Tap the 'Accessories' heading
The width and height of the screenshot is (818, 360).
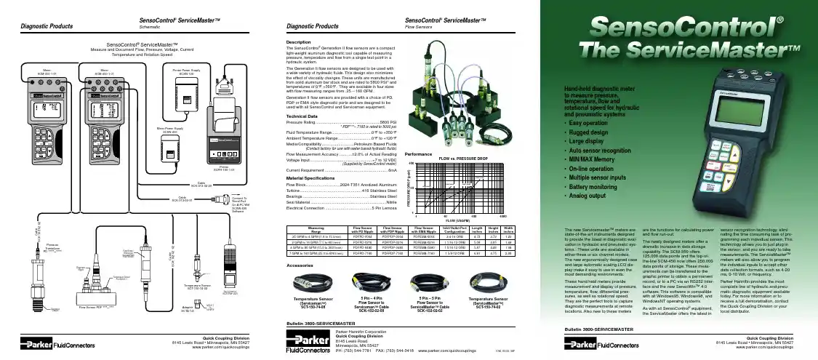(x=300, y=266)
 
